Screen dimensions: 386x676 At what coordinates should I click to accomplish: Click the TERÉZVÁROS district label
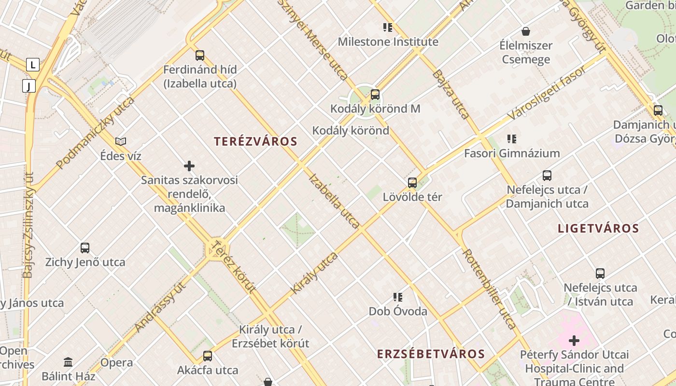pyautogui.click(x=255, y=141)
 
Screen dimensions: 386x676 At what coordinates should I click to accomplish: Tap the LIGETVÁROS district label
pyautogui.click(x=598, y=228)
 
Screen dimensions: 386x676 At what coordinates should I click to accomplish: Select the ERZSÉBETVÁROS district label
pyautogui.click(x=431, y=354)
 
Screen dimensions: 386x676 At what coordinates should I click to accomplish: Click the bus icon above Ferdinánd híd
pyautogui.click(x=200, y=55)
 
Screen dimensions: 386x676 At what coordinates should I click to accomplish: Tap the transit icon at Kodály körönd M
pyautogui.click(x=375, y=95)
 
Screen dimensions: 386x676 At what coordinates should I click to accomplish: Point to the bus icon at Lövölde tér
pyautogui.click(x=412, y=183)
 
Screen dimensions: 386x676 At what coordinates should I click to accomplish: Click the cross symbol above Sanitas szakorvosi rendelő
pyautogui.click(x=189, y=166)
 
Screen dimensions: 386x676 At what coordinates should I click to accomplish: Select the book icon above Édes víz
pyautogui.click(x=121, y=141)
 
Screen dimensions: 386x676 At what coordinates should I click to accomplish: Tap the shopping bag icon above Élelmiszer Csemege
pyautogui.click(x=526, y=31)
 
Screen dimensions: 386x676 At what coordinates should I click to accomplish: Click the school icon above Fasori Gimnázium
pyautogui.click(x=512, y=139)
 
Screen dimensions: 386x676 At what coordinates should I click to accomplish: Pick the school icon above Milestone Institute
pyautogui.click(x=388, y=27)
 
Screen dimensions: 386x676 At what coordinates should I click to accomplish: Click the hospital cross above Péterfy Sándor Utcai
pyautogui.click(x=574, y=341)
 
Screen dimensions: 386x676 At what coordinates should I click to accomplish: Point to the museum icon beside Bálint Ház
pyautogui.click(x=68, y=362)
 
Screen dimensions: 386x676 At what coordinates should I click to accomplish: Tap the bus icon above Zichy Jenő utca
pyautogui.click(x=85, y=248)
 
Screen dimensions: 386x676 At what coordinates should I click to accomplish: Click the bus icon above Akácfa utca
pyautogui.click(x=208, y=356)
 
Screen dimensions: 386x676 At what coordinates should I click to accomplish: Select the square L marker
pyautogui.click(x=33, y=64)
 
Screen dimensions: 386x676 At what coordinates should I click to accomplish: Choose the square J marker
pyautogui.click(x=29, y=86)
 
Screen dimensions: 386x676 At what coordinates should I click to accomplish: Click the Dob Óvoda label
pyautogui.click(x=398, y=311)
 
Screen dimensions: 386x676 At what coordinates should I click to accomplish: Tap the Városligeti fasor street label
pyautogui.click(x=547, y=93)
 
